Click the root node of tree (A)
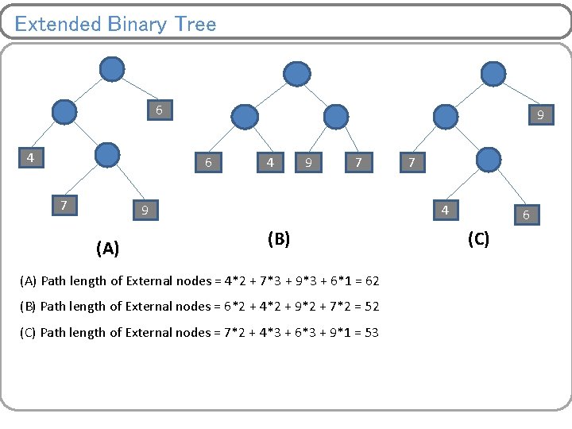click(x=112, y=69)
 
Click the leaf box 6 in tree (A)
click(x=159, y=110)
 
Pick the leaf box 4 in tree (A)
click(x=30, y=157)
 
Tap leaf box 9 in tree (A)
click(x=145, y=210)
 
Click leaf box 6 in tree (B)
click(x=208, y=162)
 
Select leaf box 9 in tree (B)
click(x=307, y=162)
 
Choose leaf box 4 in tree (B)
click(x=271, y=162)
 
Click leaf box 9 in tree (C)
click(x=540, y=115)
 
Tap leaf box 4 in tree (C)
click(x=445, y=210)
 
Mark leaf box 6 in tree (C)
click(x=526, y=214)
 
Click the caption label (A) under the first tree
click(x=107, y=249)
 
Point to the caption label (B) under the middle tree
click(x=279, y=238)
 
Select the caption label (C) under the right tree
click(x=478, y=238)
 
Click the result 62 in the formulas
click(x=372, y=280)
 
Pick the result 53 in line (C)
click(x=371, y=332)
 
